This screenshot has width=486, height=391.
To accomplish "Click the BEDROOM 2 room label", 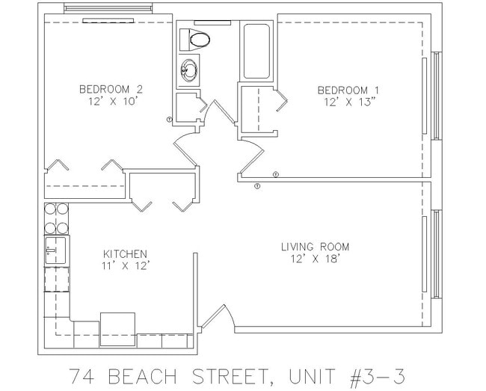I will coord(111,89).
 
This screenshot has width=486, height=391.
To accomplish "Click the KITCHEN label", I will coord(125,254).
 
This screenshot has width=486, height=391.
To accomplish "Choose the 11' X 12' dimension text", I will coord(125,265).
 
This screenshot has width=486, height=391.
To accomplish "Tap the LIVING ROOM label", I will coord(315,247).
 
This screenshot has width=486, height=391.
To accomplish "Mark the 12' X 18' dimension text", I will coord(315,259).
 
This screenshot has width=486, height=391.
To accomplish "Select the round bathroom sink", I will coord(189,72).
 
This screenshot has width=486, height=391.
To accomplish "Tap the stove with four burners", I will coord(56,218).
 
